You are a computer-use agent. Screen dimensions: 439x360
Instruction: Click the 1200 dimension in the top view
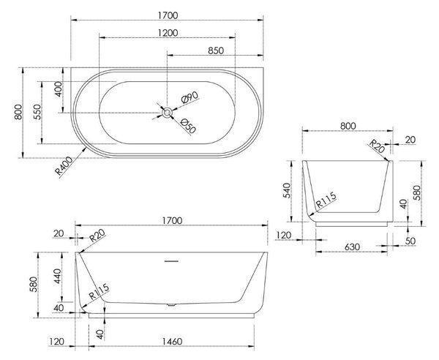click(168, 33)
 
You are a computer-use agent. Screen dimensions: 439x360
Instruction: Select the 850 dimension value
click(216, 50)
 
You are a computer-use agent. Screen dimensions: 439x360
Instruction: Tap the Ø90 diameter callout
click(190, 97)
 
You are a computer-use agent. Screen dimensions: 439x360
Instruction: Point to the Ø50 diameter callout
click(188, 126)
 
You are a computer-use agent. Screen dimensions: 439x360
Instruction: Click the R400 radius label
click(64, 165)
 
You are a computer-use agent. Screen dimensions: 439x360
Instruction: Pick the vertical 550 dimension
click(37, 112)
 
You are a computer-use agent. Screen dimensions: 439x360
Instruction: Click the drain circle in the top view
click(167, 113)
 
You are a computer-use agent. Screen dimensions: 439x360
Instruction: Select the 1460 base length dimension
click(172, 342)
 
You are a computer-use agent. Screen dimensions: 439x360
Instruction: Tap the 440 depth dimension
click(58, 276)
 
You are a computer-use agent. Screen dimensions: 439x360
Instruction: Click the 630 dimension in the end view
click(352, 247)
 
